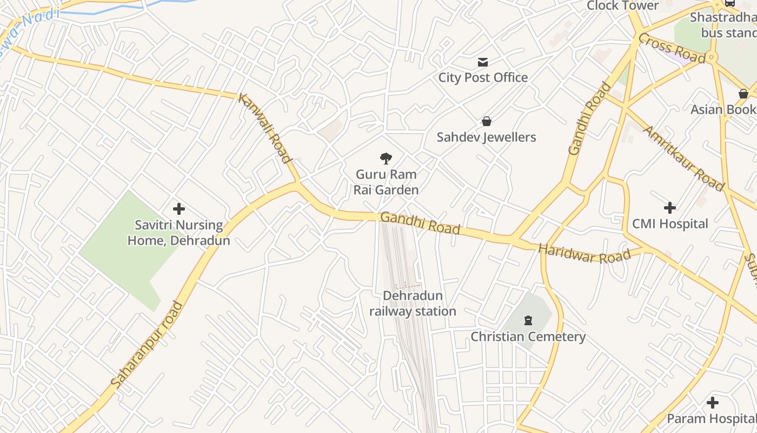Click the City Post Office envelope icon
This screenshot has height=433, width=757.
pos(483,62)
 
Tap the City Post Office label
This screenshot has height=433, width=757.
pos(483,77)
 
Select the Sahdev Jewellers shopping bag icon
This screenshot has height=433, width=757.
pos(487,121)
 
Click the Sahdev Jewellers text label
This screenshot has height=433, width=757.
pos(486,137)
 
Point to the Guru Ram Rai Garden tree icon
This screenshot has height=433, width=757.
pos(386,159)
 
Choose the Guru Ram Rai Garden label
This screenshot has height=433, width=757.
pos(386,182)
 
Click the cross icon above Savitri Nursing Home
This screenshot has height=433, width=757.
pos(179,209)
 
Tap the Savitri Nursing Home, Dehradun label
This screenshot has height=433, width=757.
pos(178,233)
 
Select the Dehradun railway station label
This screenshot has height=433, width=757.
pos(413,304)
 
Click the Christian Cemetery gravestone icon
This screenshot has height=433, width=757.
pos(528,320)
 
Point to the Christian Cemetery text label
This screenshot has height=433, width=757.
pos(528,337)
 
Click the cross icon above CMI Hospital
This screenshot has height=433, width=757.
pos(670,207)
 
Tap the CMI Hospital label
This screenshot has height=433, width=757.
pos(670,224)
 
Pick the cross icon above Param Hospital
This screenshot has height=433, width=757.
pos(713,403)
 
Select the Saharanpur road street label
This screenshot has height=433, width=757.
pos(147,345)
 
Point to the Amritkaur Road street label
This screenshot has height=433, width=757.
pos(683,158)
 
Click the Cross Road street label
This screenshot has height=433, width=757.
pos(672,48)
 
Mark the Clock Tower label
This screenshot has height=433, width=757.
pos(622,6)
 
